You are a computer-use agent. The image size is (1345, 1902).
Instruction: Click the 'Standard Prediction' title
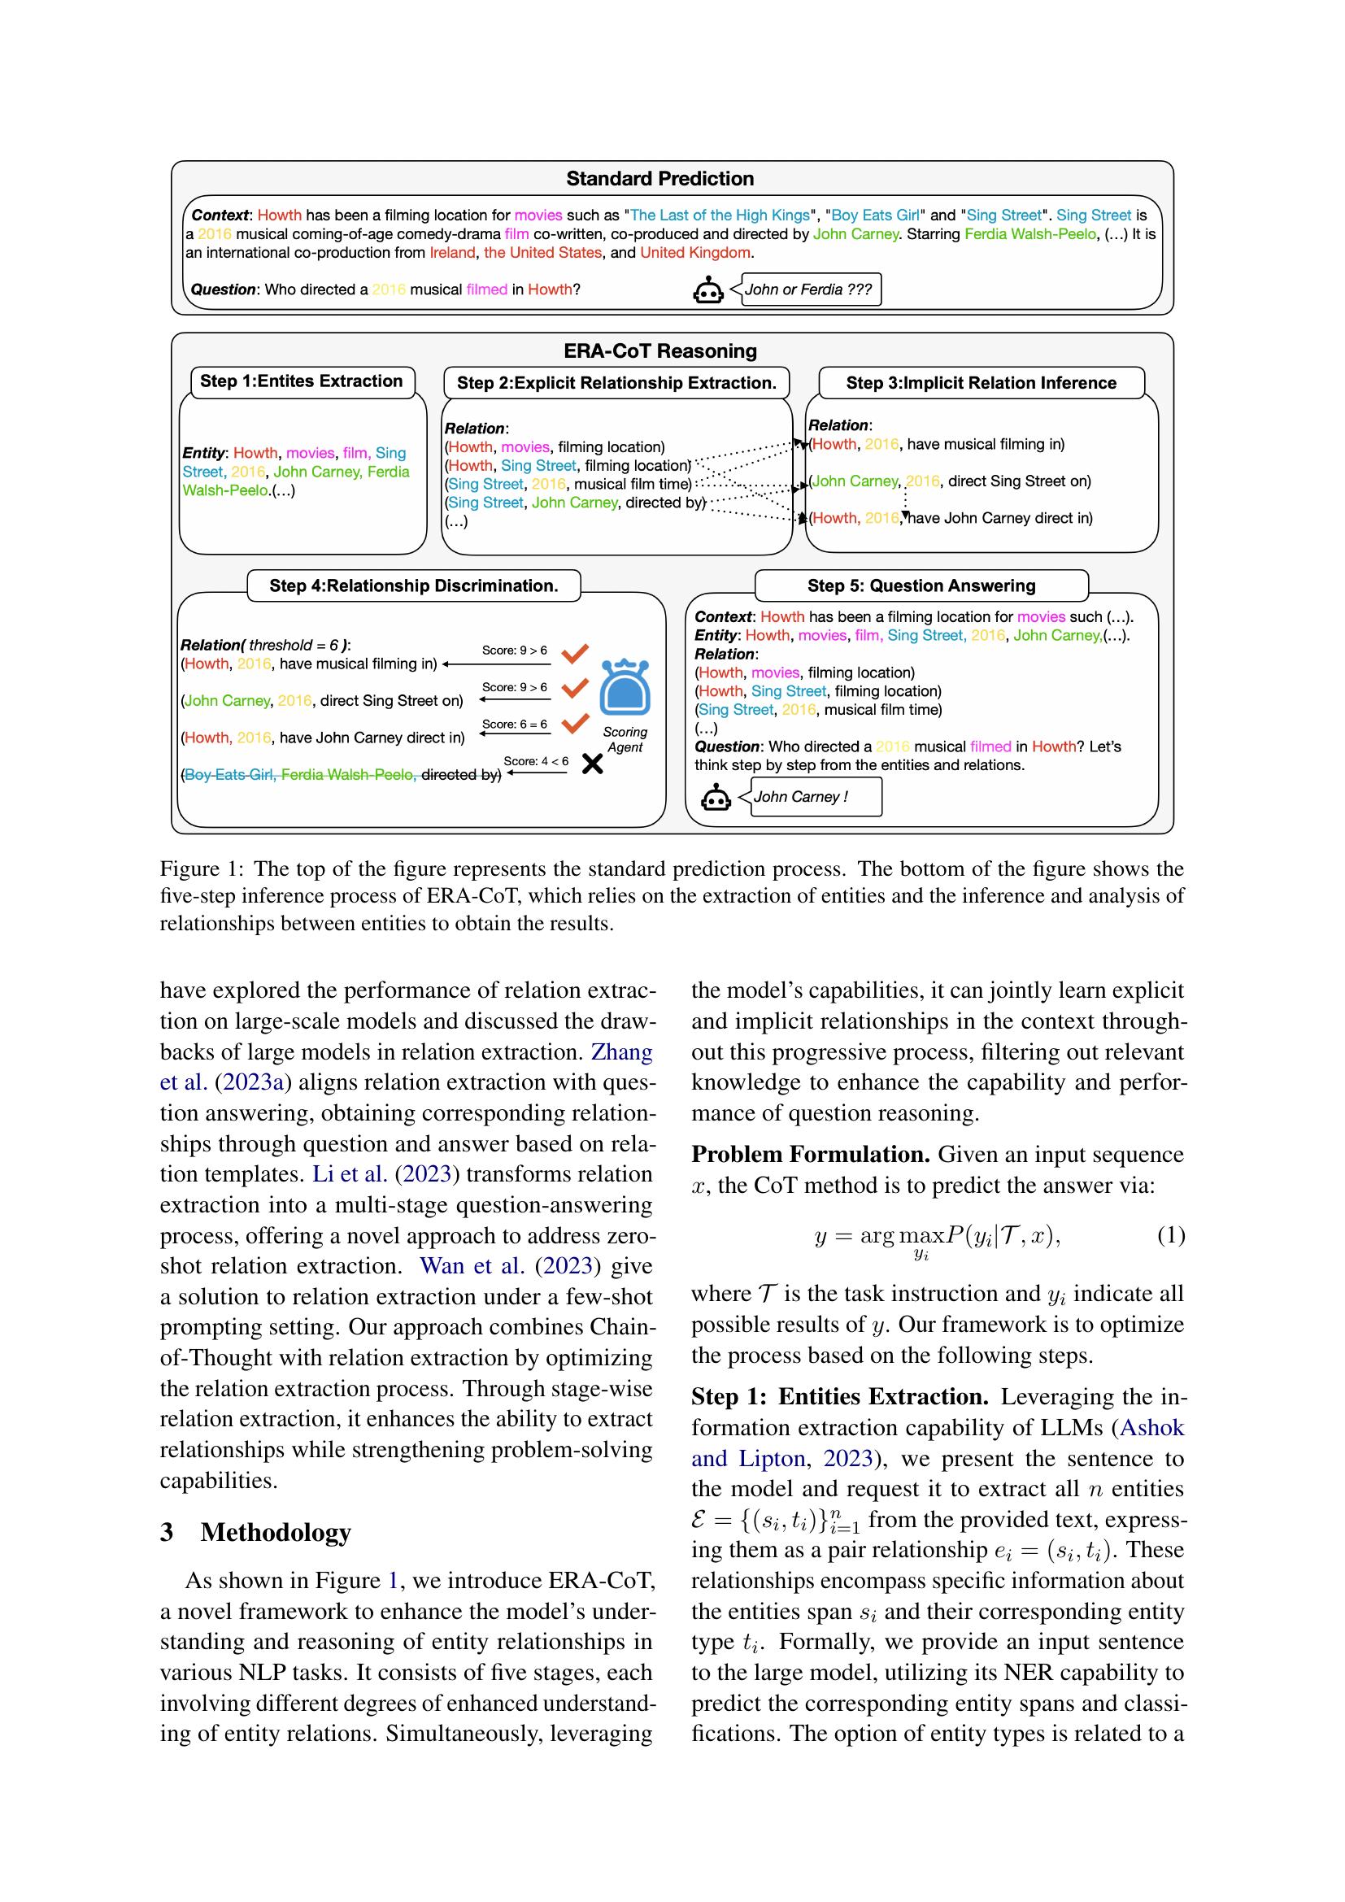click(x=659, y=179)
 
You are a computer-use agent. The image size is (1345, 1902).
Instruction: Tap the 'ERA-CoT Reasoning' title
click(x=659, y=351)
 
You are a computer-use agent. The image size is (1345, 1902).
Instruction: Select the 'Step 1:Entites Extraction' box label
click(x=302, y=381)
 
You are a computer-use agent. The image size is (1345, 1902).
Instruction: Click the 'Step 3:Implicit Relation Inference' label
click(x=981, y=383)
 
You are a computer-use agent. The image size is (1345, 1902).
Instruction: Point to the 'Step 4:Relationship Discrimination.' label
click(x=413, y=585)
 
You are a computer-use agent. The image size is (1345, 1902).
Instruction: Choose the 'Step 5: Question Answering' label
click(x=921, y=585)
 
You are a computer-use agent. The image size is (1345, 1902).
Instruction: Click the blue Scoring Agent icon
click(x=625, y=687)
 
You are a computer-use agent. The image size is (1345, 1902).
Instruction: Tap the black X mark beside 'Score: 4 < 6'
click(x=592, y=764)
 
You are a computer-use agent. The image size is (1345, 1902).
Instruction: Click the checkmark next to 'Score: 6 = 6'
click(x=575, y=723)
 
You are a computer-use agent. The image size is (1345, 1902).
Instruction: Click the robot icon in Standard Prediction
click(x=708, y=291)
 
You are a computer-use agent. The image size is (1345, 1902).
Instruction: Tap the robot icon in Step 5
click(x=716, y=799)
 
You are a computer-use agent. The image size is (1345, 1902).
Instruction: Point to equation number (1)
click(x=1170, y=1236)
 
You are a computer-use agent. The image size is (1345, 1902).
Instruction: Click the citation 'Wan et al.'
click(x=472, y=1266)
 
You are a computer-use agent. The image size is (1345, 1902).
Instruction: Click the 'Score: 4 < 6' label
click(x=536, y=761)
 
